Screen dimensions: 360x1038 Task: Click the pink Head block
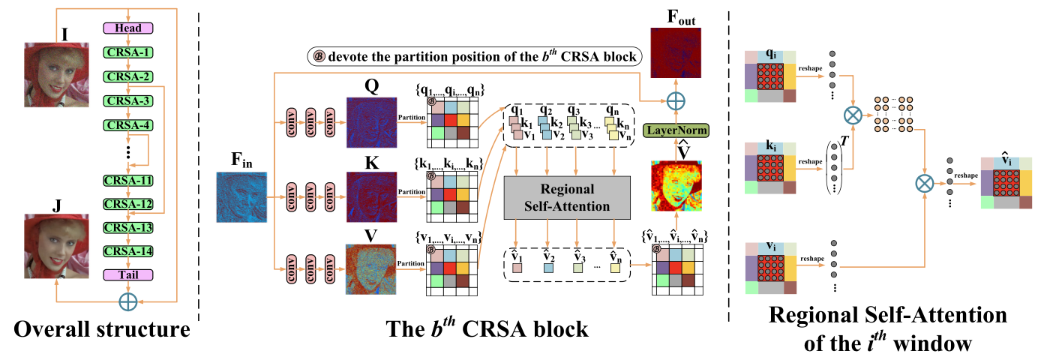[127, 28]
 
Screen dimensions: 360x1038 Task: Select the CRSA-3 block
[127, 101]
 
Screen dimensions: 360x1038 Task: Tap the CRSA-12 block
[127, 204]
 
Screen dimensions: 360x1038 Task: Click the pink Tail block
[127, 275]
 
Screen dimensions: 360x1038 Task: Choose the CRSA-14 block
[127, 252]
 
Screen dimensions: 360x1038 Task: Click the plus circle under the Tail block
[127, 301]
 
